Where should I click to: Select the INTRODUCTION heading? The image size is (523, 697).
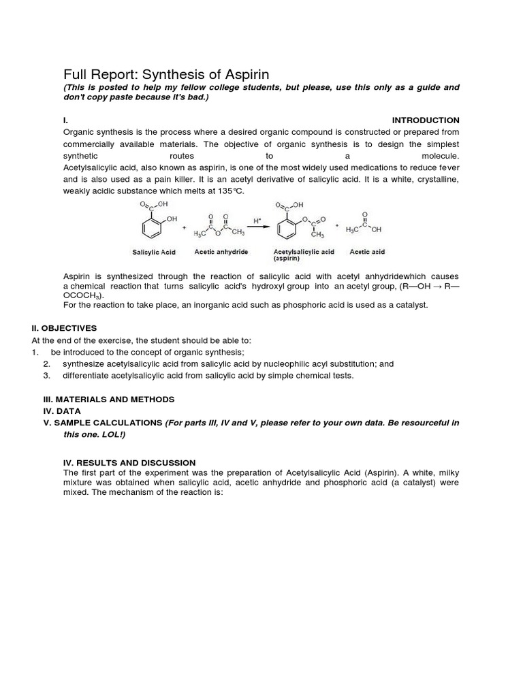tap(426, 120)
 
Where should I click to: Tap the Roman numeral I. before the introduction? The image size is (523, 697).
tap(65, 120)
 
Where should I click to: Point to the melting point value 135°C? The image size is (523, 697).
tap(227, 191)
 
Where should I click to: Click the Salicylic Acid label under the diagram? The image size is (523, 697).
tap(153, 253)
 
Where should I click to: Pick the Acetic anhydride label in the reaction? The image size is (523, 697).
tap(221, 252)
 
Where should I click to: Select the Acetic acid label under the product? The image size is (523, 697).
tap(367, 252)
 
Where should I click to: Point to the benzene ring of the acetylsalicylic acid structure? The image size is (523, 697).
tap(288, 227)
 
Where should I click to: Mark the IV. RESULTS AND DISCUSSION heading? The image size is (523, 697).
tap(129, 462)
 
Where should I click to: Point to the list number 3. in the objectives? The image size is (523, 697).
tap(46, 376)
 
